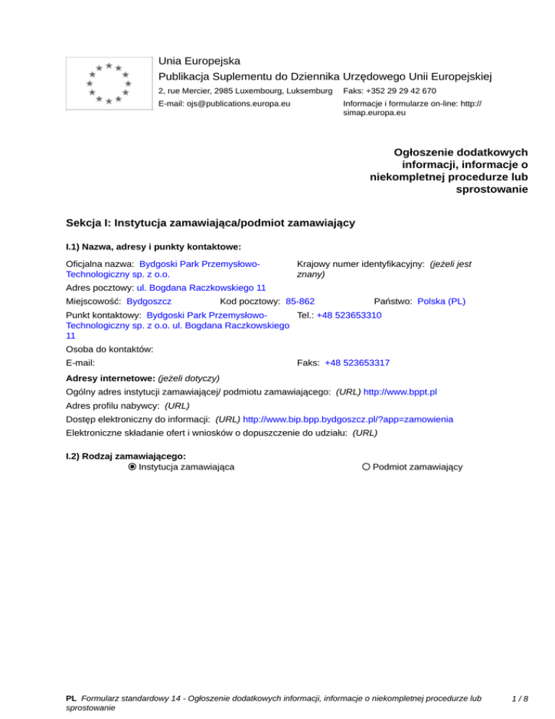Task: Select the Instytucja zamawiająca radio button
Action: [x=132, y=467]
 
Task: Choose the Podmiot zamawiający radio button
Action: [x=366, y=467]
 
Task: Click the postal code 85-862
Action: [x=300, y=300]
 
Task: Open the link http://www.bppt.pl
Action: [x=400, y=392]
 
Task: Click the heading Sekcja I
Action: [x=210, y=223]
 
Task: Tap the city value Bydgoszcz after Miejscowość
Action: [x=148, y=300]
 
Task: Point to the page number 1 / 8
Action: [x=519, y=699]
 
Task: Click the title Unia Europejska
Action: [x=199, y=61]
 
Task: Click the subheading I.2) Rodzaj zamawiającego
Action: [x=126, y=456]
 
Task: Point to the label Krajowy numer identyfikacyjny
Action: [x=361, y=265]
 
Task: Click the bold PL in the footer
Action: [x=71, y=699]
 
